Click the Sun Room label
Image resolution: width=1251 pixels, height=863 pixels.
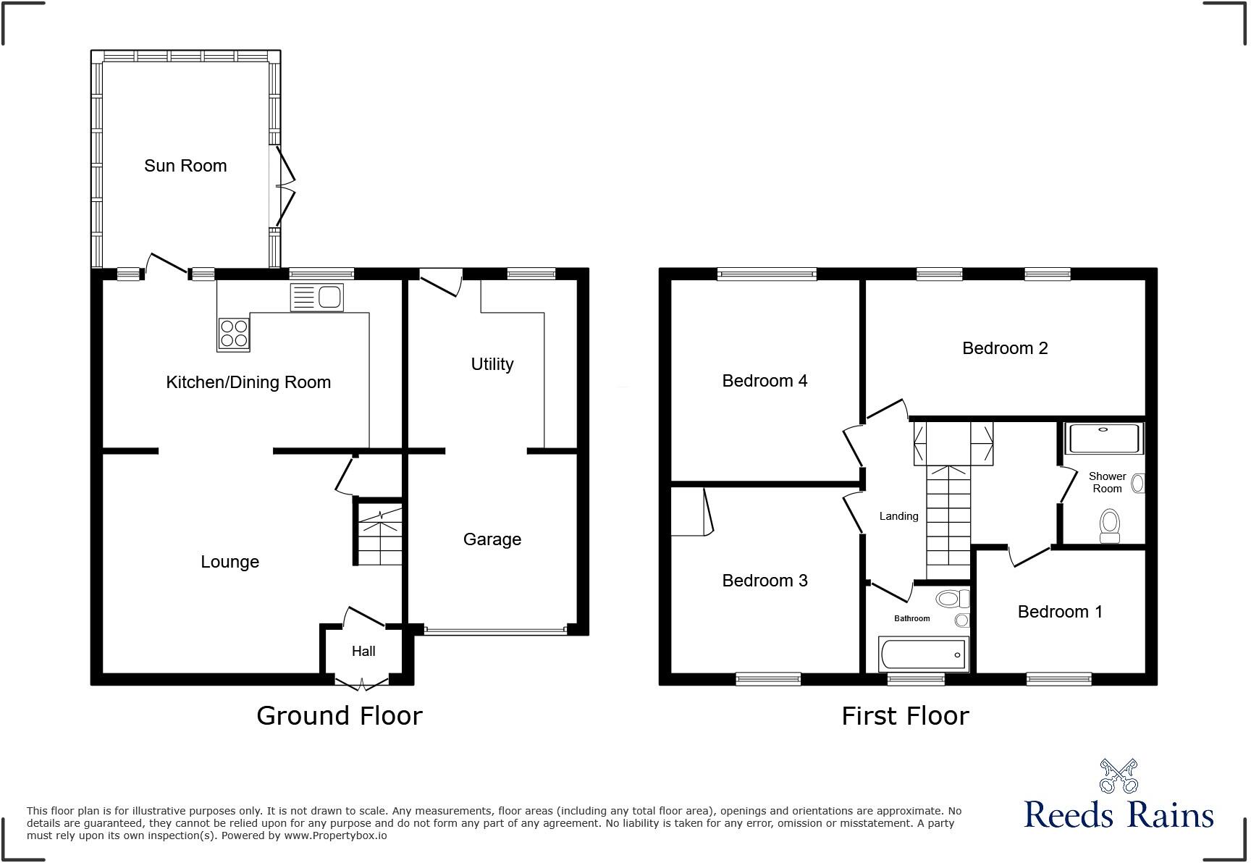pyautogui.click(x=185, y=166)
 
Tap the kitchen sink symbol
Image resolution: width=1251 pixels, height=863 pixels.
pyautogui.click(x=317, y=297)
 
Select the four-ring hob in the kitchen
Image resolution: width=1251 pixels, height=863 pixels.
pyautogui.click(x=233, y=334)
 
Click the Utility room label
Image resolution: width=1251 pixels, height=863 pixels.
pyautogui.click(x=492, y=364)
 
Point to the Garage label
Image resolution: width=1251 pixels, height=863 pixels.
pyautogui.click(x=492, y=539)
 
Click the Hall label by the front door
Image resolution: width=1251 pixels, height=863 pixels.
pyautogui.click(x=363, y=652)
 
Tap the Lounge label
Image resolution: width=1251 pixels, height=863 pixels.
pyautogui.click(x=229, y=562)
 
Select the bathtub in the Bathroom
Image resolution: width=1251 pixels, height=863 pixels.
pyautogui.click(x=923, y=654)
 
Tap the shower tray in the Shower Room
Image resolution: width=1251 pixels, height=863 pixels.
pyautogui.click(x=1103, y=439)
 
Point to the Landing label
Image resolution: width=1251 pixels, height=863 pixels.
pyautogui.click(x=898, y=516)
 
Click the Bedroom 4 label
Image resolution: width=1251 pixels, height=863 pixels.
pyautogui.click(x=764, y=381)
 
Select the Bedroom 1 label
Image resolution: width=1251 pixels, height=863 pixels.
pyautogui.click(x=1060, y=612)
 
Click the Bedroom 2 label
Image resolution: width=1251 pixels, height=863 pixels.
pyautogui.click(x=1005, y=348)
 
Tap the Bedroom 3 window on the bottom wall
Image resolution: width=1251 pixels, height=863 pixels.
pyautogui.click(x=768, y=679)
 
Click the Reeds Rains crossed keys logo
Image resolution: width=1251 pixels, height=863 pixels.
pyautogui.click(x=1119, y=776)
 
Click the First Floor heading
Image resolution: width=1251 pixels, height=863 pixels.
pyautogui.click(x=905, y=716)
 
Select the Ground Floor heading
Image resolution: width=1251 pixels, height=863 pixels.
pyautogui.click(x=339, y=716)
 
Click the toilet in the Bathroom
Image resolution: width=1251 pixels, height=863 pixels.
pyautogui.click(x=951, y=599)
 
